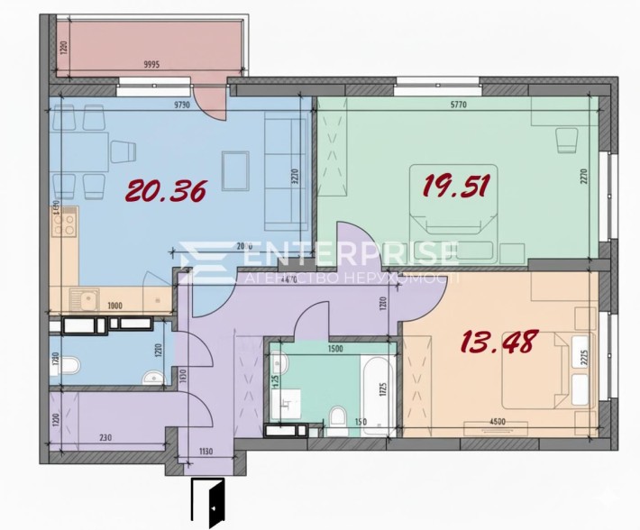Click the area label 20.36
tap(167, 190)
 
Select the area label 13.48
tap(498, 342)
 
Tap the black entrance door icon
tap(210, 503)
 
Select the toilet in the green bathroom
tap(335, 416)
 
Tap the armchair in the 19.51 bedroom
tap(565, 141)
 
